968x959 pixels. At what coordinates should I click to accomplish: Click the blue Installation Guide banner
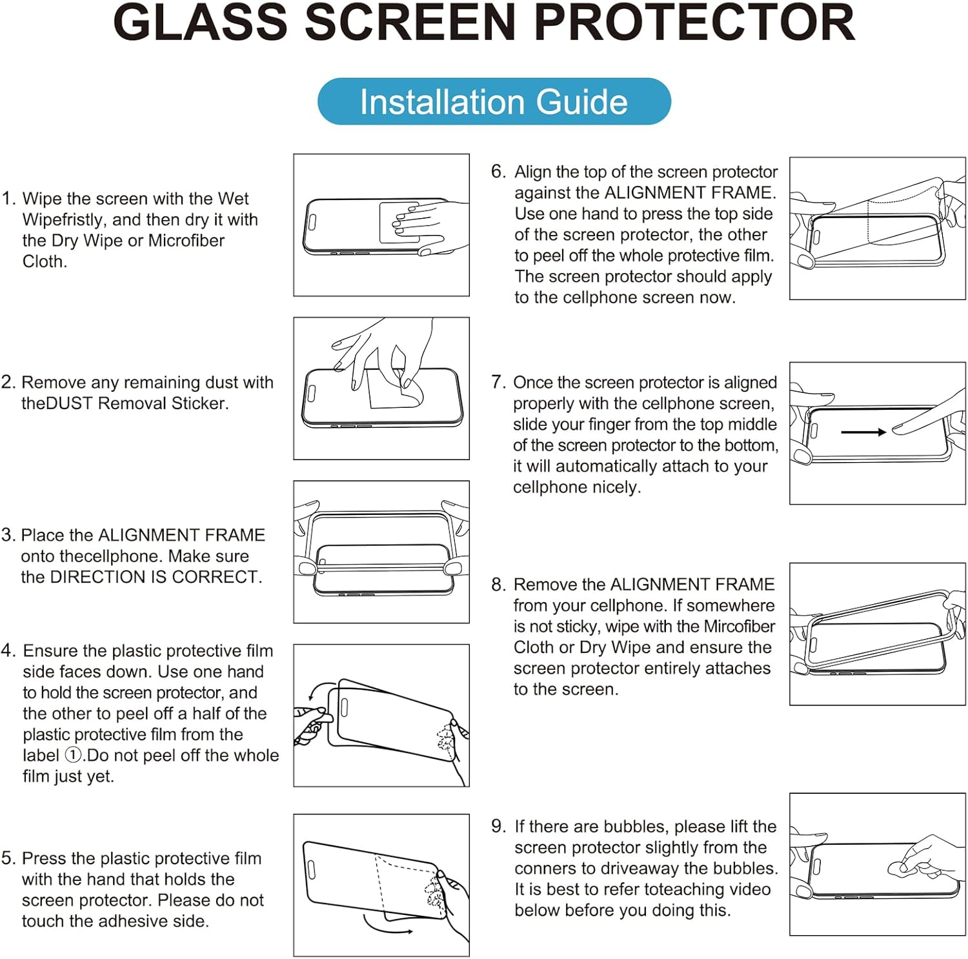click(x=494, y=102)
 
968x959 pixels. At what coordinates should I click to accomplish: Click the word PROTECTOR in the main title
click(x=694, y=23)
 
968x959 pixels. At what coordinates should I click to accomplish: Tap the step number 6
click(x=498, y=171)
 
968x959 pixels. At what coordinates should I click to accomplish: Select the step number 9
click(x=498, y=826)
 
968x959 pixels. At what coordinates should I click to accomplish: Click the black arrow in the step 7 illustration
click(x=863, y=432)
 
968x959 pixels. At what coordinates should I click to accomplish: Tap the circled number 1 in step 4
click(x=74, y=755)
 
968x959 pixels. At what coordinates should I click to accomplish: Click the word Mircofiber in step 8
click(x=739, y=627)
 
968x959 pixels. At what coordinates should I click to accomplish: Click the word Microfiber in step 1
click(x=187, y=241)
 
